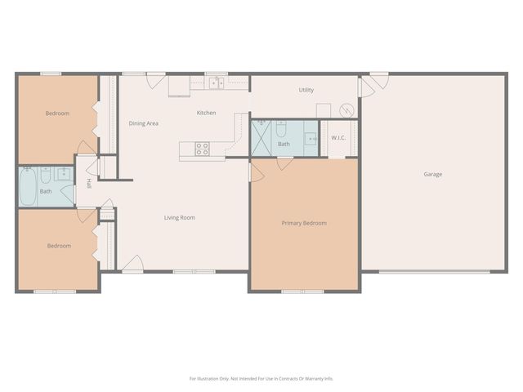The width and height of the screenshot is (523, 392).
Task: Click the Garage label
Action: tap(432, 174)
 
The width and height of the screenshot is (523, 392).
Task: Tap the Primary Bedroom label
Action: tap(304, 223)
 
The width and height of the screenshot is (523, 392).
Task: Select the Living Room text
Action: tap(179, 217)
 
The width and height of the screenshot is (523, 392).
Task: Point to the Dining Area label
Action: tap(143, 123)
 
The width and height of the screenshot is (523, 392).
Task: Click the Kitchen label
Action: tap(206, 113)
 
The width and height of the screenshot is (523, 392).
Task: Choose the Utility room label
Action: tap(306, 90)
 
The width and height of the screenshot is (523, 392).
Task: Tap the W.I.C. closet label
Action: tap(338, 137)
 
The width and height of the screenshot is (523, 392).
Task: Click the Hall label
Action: tap(89, 183)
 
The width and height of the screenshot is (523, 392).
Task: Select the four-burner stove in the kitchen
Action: tap(202, 149)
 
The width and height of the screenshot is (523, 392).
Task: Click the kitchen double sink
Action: tap(217, 82)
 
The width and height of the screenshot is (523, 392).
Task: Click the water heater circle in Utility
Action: tap(348, 109)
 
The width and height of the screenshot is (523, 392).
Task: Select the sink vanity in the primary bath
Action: tap(311, 138)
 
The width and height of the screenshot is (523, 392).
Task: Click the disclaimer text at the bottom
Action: tap(261, 378)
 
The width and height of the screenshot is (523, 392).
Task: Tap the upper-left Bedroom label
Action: tap(57, 114)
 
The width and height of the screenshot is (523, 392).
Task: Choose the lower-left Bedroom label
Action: tap(58, 246)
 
